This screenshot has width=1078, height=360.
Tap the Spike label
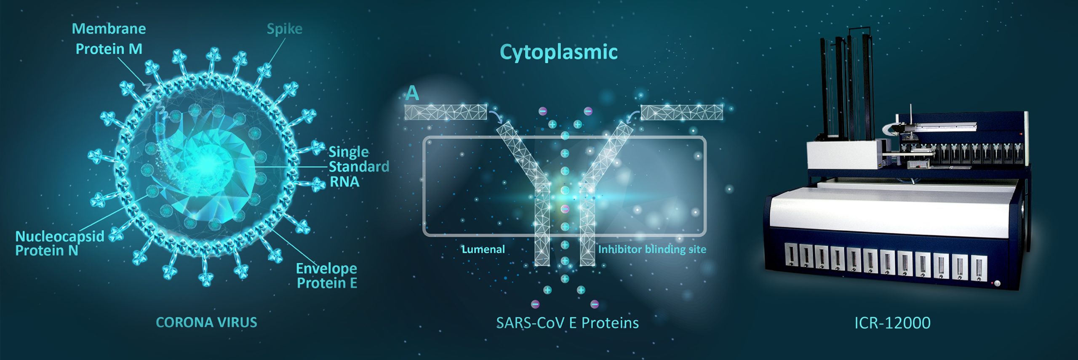click(x=284, y=29)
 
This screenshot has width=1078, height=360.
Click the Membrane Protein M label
click(x=109, y=39)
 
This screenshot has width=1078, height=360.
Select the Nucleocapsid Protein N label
click(x=59, y=243)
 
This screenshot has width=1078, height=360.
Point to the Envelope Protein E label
click(x=326, y=275)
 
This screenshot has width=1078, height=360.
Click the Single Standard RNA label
click(x=358, y=167)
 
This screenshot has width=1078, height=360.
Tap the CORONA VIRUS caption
click(x=206, y=323)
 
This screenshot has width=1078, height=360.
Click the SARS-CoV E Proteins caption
click(x=567, y=323)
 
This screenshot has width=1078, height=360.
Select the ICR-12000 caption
click(x=892, y=323)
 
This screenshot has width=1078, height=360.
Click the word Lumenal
click(x=483, y=249)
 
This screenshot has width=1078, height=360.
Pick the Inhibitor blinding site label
click(x=652, y=249)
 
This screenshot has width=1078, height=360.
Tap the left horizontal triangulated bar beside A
click(x=446, y=112)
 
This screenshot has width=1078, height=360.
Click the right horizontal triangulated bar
click(x=682, y=112)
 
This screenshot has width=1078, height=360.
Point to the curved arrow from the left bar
click(x=497, y=115)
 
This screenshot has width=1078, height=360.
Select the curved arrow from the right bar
click(x=632, y=115)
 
